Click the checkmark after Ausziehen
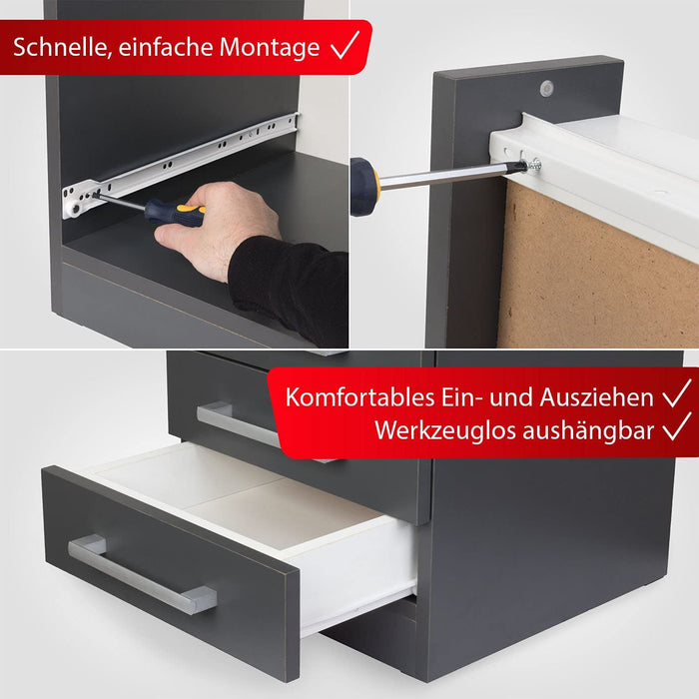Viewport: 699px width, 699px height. click(677, 394)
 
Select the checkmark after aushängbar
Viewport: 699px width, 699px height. click(677, 428)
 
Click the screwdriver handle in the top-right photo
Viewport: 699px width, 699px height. click(364, 187)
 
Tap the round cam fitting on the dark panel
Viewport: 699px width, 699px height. click(546, 88)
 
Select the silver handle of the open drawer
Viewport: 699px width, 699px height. click(140, 573)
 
